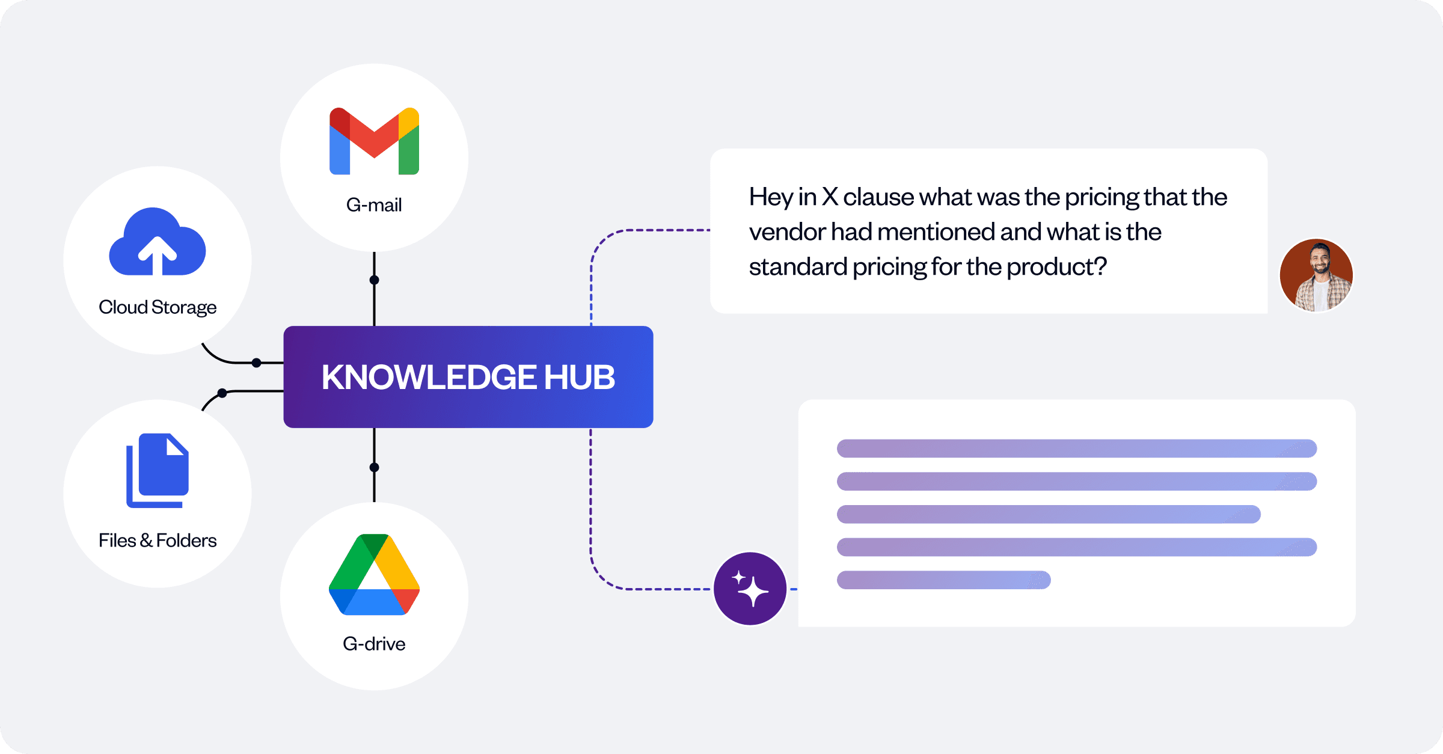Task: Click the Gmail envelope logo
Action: [x=374, y=141]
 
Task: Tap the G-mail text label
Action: [x=374, y=205]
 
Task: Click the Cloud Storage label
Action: [x=158, y=307]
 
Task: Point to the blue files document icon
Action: [x=158, y=470]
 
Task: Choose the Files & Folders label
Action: [x=158, y=541]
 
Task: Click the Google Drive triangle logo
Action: [x=374, y=575]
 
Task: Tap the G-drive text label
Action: [x=374, y=644]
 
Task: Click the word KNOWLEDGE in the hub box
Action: [x=429, y=377]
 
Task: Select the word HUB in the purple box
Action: [x=580, y=377]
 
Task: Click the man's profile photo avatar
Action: [x=1316, y=275]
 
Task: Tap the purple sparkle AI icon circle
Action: [x=750, y=589]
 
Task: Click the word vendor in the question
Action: [x=787, y=232]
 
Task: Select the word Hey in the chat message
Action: [x=770, y=197]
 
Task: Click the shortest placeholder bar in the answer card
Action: [x=943, y=580]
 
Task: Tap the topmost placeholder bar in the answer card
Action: [x=1076, y=449]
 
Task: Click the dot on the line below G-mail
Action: [x=374, y=280]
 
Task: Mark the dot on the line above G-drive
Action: [x=374, y=467]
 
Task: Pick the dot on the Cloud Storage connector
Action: [x=257, y=363]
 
